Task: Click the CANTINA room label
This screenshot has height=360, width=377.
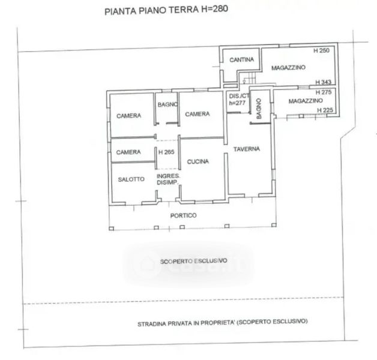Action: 242,59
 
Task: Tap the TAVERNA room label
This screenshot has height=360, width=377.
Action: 247,149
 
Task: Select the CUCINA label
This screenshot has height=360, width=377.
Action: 198,161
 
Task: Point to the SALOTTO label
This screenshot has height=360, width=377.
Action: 131,179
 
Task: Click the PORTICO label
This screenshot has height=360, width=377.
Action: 184,215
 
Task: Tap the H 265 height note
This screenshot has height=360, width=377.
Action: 166,152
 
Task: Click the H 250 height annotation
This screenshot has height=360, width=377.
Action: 321,50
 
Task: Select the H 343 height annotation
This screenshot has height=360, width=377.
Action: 324,82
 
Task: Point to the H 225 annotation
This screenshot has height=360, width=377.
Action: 325,110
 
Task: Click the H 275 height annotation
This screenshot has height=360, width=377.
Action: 324,92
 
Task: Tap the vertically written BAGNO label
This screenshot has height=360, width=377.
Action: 259,109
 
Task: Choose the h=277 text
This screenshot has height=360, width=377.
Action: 237,103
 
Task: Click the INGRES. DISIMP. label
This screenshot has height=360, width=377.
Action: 168,179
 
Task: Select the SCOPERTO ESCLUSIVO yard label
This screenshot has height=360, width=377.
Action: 193,261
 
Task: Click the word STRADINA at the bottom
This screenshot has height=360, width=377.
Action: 152,324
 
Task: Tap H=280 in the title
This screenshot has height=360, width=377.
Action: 215,9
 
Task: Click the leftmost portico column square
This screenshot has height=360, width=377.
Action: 111,229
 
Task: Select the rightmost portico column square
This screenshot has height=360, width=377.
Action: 274,225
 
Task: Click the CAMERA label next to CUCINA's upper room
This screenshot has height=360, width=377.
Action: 198,114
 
